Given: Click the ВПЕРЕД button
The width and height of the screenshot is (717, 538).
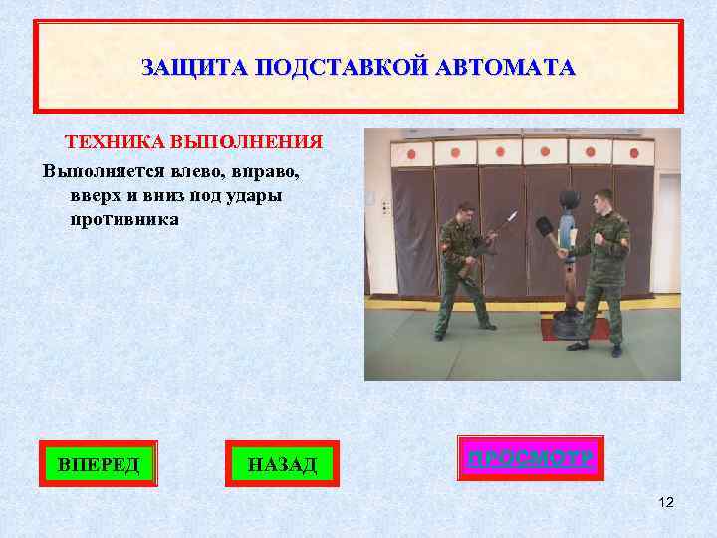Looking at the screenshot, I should (99, 463).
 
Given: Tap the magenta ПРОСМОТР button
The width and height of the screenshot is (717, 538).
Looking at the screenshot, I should (531, 459).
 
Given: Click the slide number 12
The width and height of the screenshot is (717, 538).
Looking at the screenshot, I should (666, 502).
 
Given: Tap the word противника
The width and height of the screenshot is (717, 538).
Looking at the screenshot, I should (124, 219).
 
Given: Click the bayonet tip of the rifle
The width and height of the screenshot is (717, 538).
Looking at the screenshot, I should (515, 212).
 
